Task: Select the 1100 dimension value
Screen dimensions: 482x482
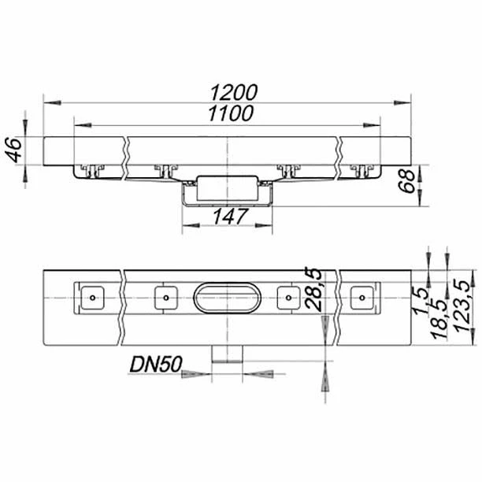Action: (x=230, y=114)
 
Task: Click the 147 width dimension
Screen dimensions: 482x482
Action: (x=228, y=215)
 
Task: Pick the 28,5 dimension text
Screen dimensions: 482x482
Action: (x=313, y=288)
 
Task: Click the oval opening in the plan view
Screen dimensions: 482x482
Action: (x=228, y=298)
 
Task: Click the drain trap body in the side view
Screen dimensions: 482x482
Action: (x=228, y=187)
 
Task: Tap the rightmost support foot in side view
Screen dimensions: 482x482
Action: (x=363, y=169)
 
